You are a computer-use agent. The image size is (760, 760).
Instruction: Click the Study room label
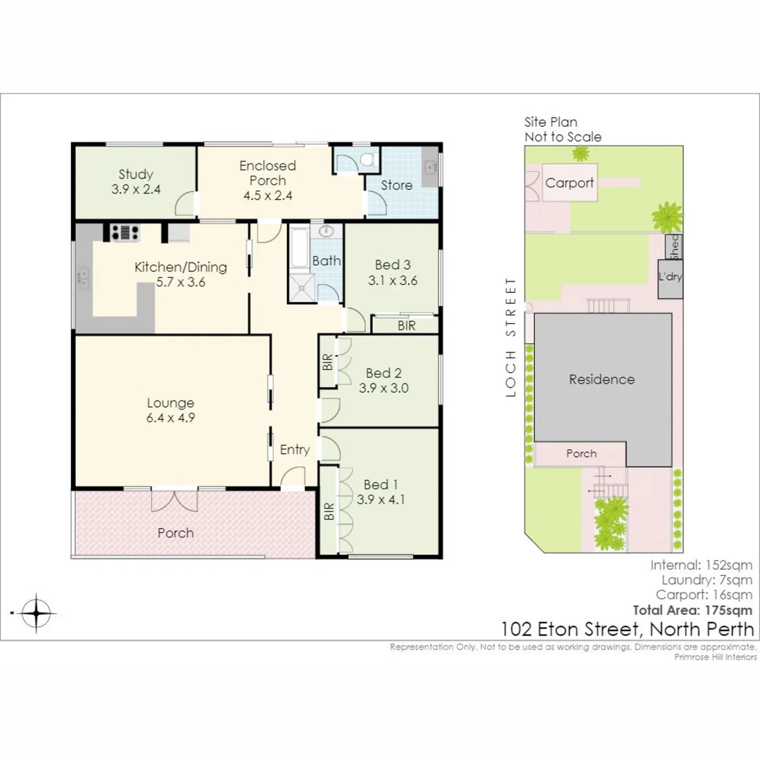(x=136, y=175)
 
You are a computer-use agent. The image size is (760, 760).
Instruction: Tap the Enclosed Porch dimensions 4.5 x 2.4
(x=267, y=196)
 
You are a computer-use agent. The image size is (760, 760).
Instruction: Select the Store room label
(x=397, y=185)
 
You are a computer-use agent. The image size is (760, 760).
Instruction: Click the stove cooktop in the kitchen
(x=124, y=232)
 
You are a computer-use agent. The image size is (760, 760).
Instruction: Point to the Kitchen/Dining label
(x=181, y=267)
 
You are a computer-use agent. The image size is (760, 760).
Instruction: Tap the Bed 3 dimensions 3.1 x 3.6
(x=393, y=279)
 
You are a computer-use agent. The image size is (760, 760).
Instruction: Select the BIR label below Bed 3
(x=406, y=326)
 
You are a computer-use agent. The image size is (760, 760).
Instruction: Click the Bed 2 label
(x=384, y=373)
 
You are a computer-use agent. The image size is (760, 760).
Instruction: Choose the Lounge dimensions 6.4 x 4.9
(x=170, y=417)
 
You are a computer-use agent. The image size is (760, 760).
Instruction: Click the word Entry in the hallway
(x=294, y=450)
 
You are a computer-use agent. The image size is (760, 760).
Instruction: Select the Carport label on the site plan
(x=570, y=183)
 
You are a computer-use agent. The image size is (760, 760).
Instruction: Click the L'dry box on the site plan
(x=670, y=277)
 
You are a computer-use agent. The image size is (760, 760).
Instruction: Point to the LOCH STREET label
(x=511, y=337)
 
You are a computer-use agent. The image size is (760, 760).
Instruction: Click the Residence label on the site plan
(x=602, y=379)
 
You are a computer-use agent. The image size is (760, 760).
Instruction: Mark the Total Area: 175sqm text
(x=692, y=610)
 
